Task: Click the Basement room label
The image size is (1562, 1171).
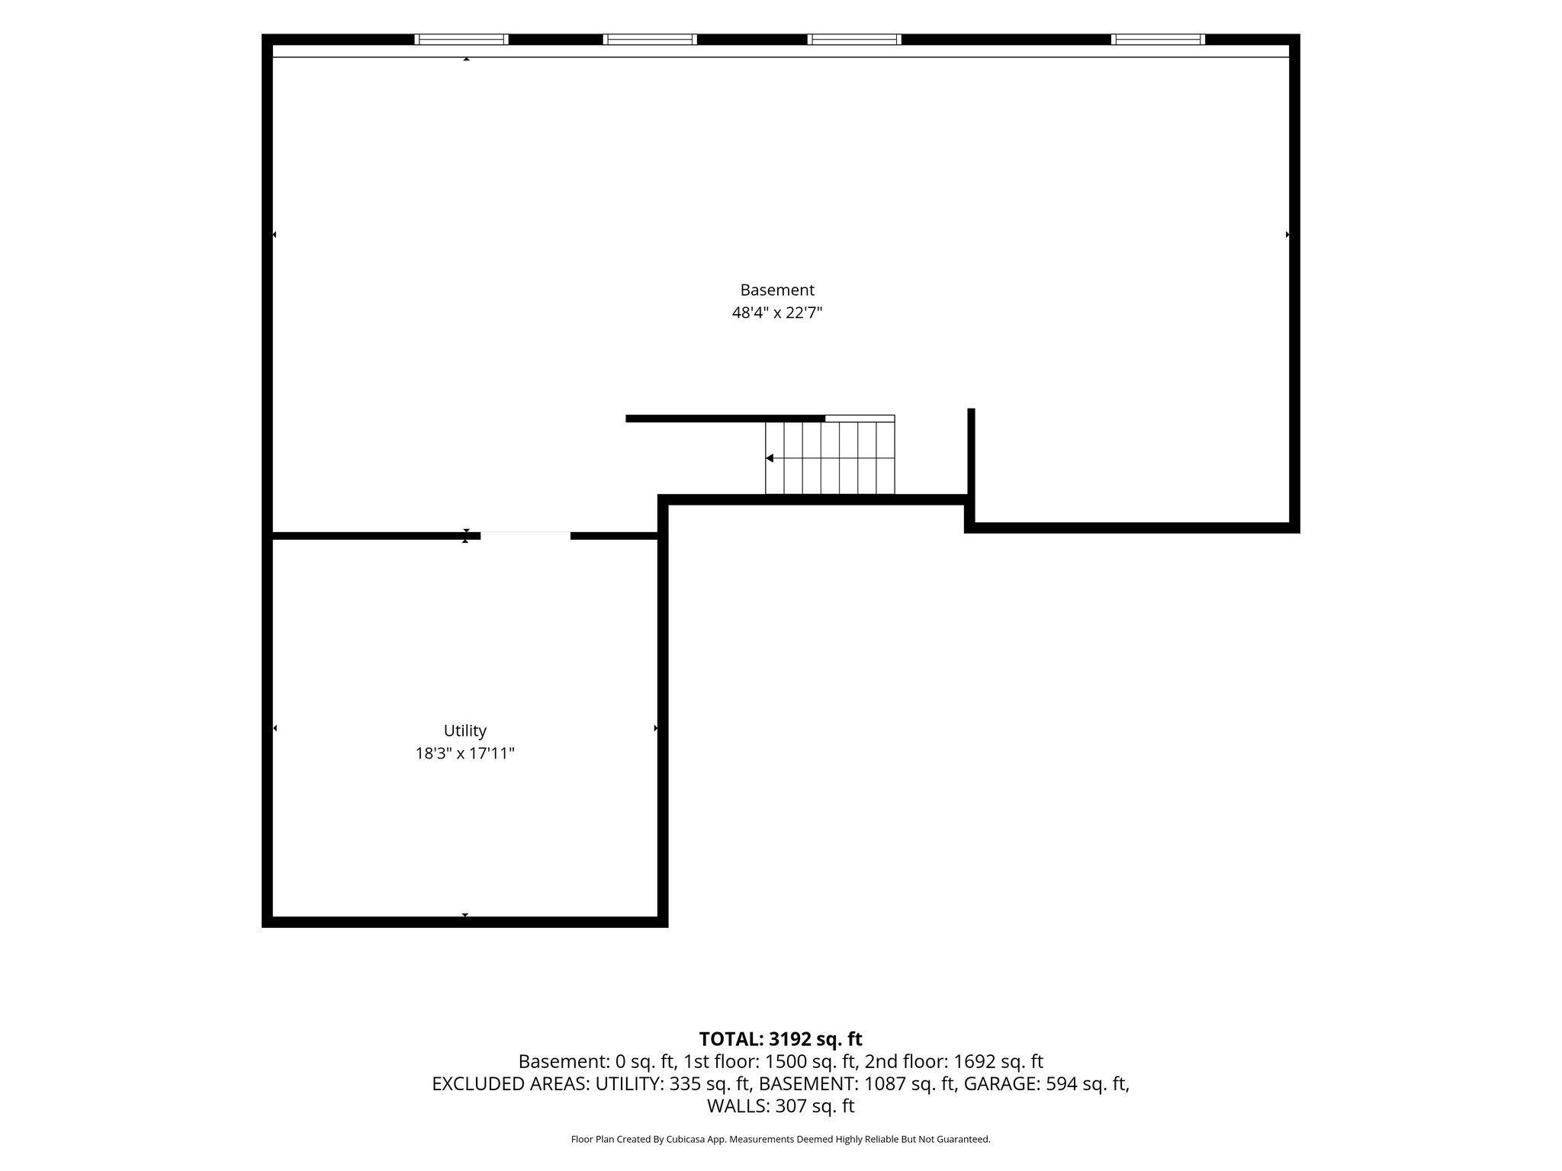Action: point(777,290)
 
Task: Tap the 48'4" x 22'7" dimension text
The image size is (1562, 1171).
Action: point(777,313)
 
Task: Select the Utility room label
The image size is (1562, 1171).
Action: point(465,730)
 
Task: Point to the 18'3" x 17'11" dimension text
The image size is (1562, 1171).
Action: point(465,753)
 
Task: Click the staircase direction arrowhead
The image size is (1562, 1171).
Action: point(770,458)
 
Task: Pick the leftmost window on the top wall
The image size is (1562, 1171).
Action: point(461,40)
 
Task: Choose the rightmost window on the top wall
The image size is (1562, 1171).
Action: point(1158,40)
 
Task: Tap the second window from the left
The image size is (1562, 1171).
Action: point(650,40)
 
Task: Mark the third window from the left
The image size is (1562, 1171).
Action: point(855,40)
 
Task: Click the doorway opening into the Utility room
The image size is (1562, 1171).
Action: point(525,535)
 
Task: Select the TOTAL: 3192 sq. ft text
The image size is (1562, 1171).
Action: point(780,1039)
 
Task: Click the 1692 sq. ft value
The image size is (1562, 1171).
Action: point(998,1061)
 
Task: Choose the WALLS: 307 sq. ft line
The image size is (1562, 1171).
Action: point(781,1105)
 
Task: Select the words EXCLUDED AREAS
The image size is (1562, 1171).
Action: point(509,1083)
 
